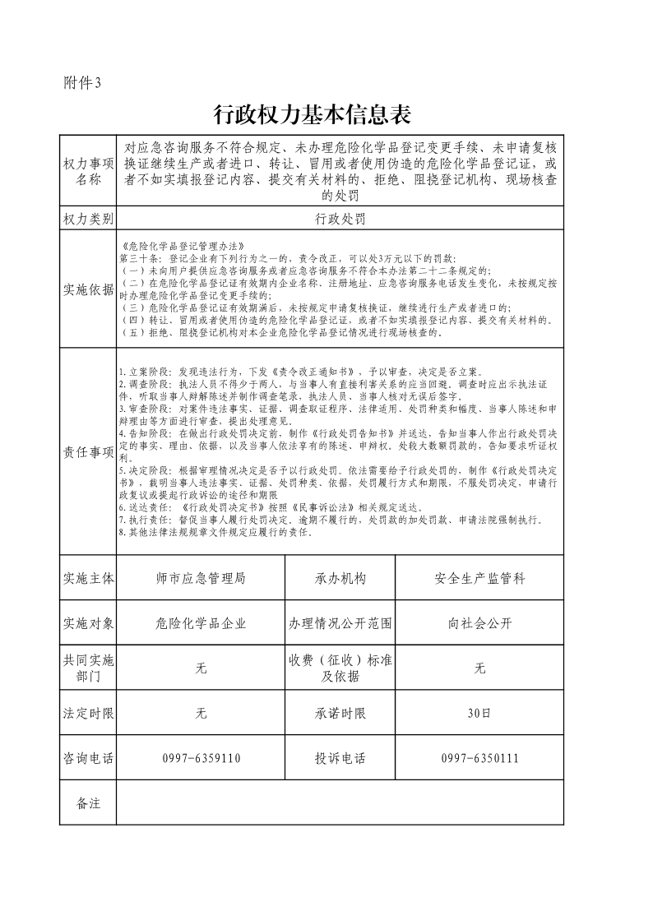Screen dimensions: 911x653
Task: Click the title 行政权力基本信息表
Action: point(312,114)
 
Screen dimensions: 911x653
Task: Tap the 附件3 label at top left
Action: point(82,82)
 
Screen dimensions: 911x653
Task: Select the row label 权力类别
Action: point(88,219)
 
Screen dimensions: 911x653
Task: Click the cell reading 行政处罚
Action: point(340,219)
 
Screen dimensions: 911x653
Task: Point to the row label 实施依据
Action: point(88,289)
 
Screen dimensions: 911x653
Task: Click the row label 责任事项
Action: point(88,451)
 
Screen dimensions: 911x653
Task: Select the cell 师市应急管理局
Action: point(201,579)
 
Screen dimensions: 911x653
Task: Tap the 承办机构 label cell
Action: point(340,579)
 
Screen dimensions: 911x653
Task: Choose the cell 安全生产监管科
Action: point(479,579)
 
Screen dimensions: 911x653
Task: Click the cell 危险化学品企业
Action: point(201,623)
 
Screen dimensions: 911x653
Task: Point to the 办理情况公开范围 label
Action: point(340,623)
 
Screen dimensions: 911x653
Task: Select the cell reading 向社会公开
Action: point(479,623)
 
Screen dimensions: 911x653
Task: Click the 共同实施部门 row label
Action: point(88,668)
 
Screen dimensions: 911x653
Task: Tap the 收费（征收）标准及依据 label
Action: point(340,668)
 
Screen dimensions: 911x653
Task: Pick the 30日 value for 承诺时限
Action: point(479,713)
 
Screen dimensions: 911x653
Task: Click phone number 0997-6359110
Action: point(201,758)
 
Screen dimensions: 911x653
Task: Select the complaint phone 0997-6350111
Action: point(479,758)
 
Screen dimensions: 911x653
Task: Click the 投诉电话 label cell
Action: point(340,758)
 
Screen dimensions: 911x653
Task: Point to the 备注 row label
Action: point(88,803)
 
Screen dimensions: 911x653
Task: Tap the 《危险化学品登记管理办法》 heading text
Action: point(169,246)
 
